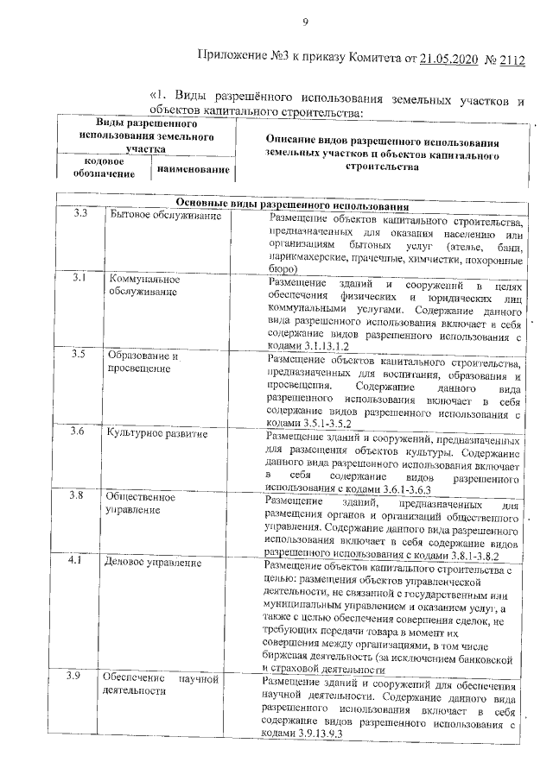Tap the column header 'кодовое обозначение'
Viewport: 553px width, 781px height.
pyautogui.click(x=103, y=167)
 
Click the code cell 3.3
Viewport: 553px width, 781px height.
pyautogui.click(x=82, y=215)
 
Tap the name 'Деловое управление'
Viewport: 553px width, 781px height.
pyautogui.click(x=153, y=563)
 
